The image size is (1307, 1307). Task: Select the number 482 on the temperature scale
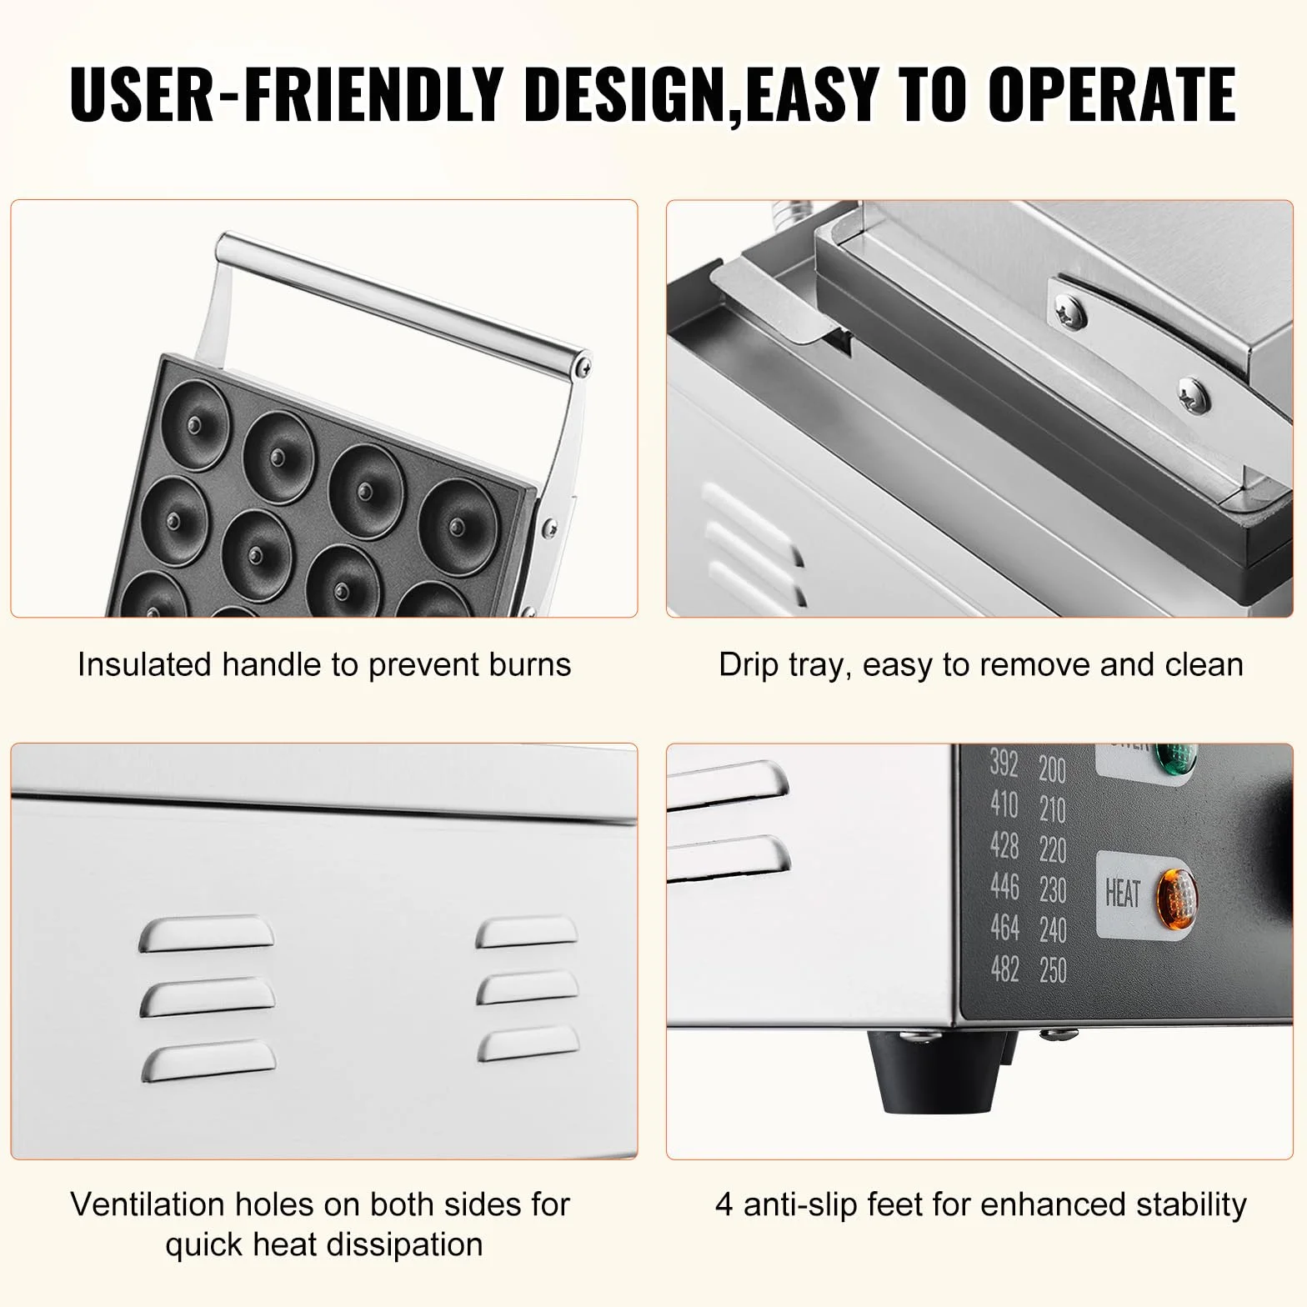point(1004,968)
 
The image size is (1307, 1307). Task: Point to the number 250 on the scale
point(1053,969)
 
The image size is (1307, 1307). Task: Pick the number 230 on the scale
point(1053,889)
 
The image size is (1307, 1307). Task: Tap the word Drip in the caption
point(744,666)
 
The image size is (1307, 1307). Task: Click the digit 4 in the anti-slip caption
point(724,1205)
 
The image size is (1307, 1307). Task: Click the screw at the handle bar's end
point(587,363)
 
